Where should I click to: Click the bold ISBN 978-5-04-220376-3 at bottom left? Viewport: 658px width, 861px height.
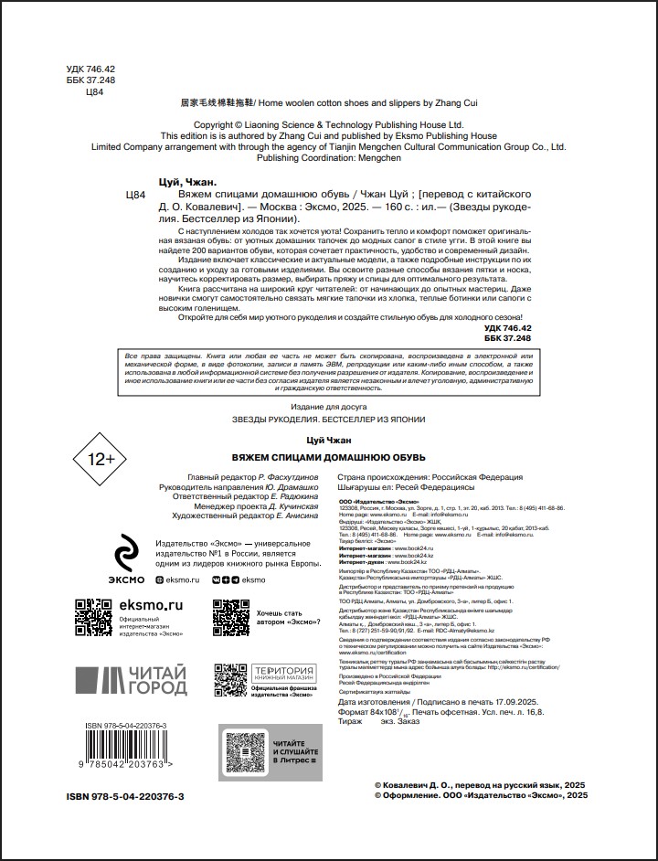pos(125,797)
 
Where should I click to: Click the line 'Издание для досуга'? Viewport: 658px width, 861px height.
pos(328,406)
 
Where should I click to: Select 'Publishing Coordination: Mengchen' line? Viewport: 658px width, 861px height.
pos(329,157)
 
